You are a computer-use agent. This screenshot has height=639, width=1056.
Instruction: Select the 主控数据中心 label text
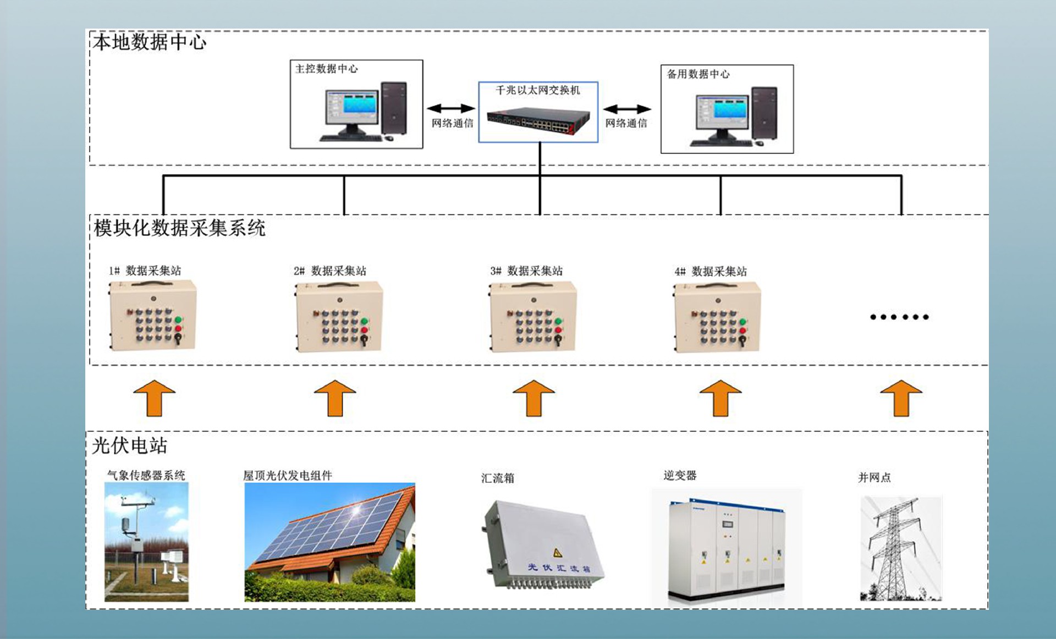point(326,69)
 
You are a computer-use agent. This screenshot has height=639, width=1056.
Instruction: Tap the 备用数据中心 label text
point(698,74)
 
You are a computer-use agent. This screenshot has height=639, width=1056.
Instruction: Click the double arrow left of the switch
point(450,108)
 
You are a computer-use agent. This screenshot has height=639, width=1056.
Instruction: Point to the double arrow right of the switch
point(627,109)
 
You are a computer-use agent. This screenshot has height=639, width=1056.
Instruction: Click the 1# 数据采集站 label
point(145,271)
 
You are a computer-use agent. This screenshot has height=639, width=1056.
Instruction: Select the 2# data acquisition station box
point(339,317)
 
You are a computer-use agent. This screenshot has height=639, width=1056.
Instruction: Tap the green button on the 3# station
point(558,321)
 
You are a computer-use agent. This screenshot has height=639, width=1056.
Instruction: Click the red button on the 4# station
point(743,330)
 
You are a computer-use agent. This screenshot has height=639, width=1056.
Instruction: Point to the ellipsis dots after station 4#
point(899,317)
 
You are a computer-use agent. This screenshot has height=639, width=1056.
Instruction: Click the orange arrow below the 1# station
point(155,398)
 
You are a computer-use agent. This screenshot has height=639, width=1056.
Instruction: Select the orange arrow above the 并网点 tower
point(901,398)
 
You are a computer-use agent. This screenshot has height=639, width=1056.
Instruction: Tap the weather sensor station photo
point(146,542)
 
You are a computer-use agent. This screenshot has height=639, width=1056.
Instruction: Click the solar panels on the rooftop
point(330,528)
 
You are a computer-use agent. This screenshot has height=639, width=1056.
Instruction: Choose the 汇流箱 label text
point(497,478)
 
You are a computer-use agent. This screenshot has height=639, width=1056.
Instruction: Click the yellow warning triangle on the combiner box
point(557,552)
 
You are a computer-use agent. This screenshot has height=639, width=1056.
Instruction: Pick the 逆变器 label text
point(680,475)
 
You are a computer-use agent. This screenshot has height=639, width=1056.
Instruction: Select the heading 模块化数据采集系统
point(179,228)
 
